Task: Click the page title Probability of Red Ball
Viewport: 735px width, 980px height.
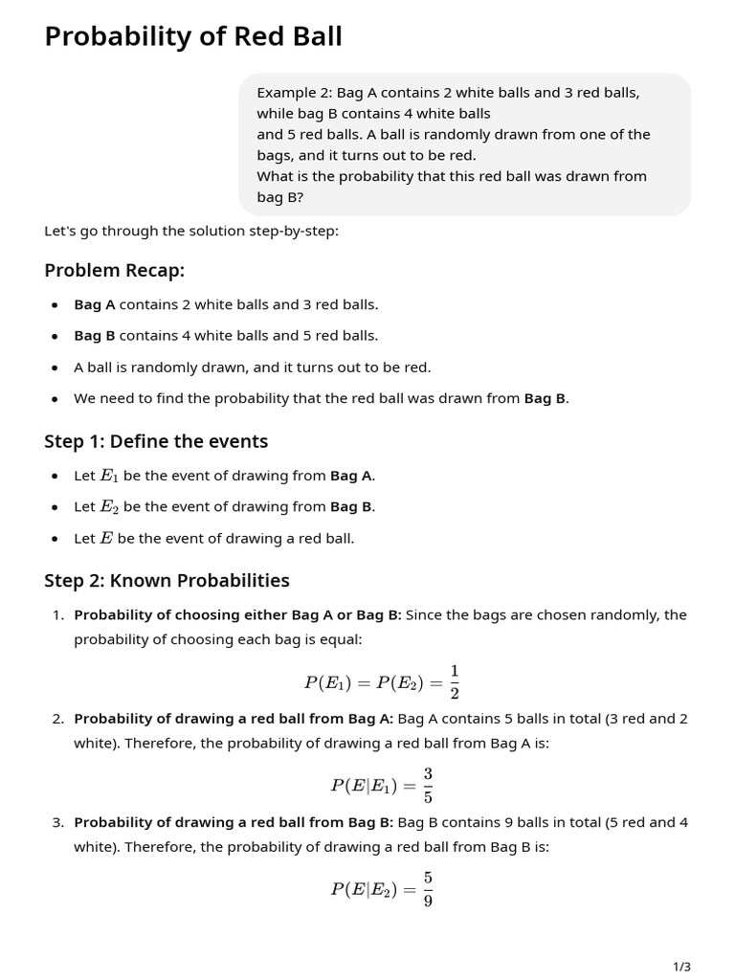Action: click(x=193, y=36)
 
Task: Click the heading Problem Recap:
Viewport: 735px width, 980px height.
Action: click(x=114, y=271)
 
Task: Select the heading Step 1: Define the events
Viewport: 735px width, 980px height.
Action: click(x=156, y=441)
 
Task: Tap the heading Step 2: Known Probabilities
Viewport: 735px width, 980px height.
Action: click(x=167, y=581)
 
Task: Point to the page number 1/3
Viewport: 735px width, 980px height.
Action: click(x=681, y=967)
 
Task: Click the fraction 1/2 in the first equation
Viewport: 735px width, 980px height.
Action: click(x=455, y=681)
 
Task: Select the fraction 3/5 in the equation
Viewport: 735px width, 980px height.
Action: click(x=428, y=785)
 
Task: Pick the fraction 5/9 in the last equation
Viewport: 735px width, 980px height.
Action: click(x=428, y=889)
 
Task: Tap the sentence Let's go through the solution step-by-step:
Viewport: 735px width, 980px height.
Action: click(x=191, y=231)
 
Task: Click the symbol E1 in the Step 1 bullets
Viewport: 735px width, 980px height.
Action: click(x=109, y=476)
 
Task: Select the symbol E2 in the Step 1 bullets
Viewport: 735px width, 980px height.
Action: click(x=109, y=507)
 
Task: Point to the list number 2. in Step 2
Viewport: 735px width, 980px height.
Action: click(x=58, y=719)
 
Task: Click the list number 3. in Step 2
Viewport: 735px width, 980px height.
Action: click(x=58, y=822)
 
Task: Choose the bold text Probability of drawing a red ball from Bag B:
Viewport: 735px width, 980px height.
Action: click(x=234, y=822)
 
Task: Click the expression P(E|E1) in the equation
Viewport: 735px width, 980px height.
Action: click(x=361, y=786)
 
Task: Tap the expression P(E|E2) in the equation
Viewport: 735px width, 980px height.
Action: click(x=361, y=889)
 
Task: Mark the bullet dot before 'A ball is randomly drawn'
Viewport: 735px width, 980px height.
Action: click(x=55, y=367)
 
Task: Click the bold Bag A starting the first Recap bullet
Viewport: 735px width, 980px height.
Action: click(x=95, y=304)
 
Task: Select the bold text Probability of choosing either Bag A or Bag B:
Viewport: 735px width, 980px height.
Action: click(x=237, y=614)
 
